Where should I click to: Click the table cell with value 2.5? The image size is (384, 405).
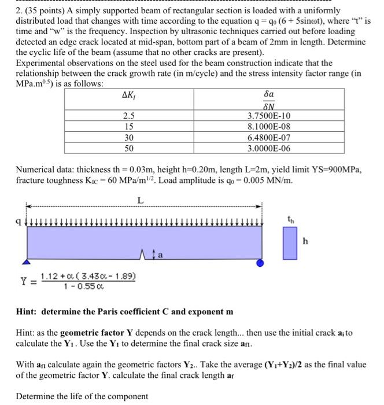click(130, 116)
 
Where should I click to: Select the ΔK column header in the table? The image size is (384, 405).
click(130, 95)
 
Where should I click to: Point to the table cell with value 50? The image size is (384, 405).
click(130, 148)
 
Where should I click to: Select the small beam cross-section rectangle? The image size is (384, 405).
click(286, 243)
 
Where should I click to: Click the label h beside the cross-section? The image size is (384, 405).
click(305, 242)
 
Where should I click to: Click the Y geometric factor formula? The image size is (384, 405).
click(81, 281)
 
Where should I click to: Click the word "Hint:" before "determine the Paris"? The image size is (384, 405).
click(28, 312)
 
